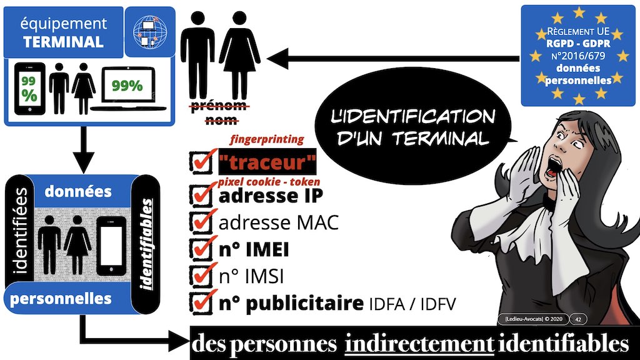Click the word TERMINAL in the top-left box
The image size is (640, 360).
click(63, 42)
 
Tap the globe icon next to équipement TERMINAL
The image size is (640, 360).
click(150, 31)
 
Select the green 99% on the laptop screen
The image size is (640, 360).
click(127, 85)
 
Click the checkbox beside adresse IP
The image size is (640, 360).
click(201, 196)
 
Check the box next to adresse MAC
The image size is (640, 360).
click(201, 223)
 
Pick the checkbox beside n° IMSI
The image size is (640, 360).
click(201, 276)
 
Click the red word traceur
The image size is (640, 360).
click(267, 162)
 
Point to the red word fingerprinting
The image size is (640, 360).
click(267, 139)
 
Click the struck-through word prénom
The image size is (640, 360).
click(219, 106)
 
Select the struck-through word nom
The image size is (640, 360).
click(221, 120)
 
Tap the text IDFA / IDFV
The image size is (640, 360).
click(412, 304)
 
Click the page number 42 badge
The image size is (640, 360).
click(578, 319)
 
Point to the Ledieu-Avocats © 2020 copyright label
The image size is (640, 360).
click(534, 319)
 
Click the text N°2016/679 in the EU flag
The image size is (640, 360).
click(577, 56)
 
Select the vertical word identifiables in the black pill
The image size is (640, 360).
click(146, 244)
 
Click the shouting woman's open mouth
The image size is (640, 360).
click(554, 165)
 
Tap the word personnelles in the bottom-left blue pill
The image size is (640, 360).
click(61, 299)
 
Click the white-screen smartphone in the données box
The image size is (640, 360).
click(111, 246)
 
